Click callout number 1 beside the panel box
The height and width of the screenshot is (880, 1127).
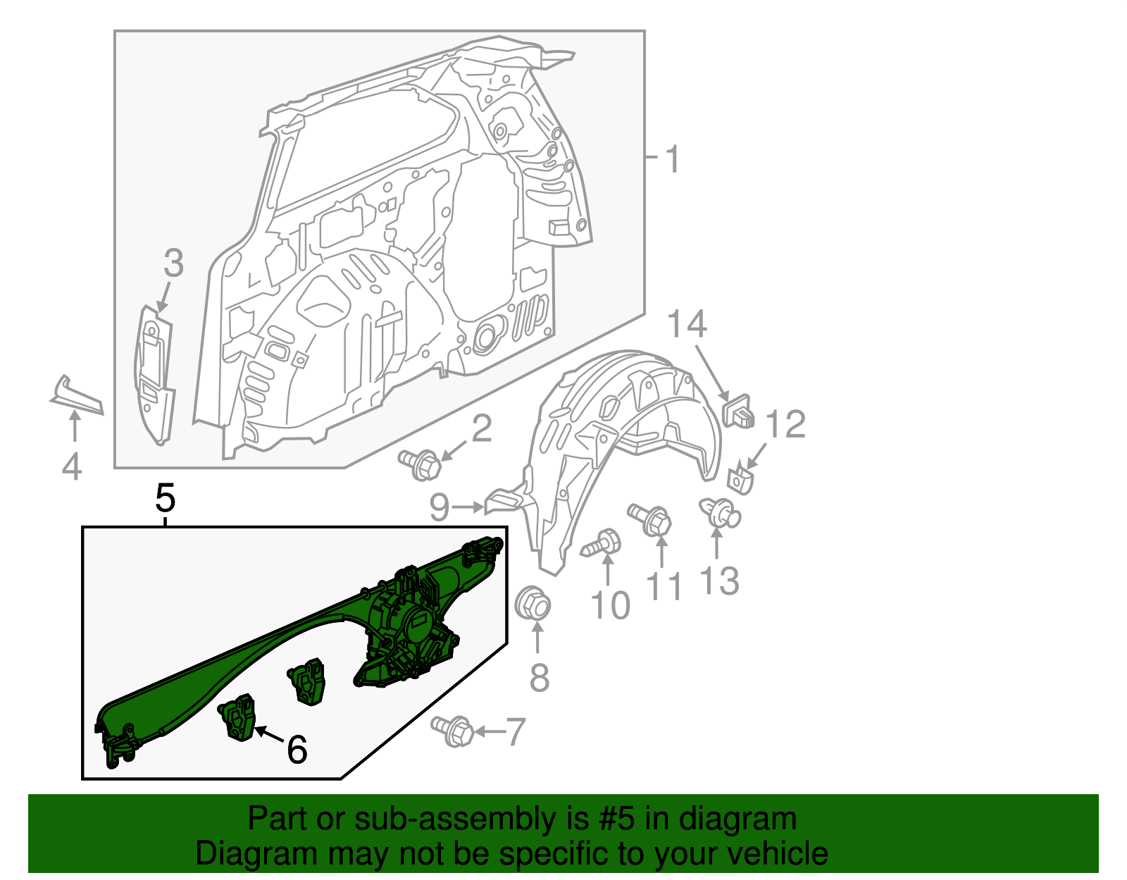673,159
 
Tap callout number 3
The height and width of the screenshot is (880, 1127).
173,264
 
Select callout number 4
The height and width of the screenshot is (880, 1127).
72,466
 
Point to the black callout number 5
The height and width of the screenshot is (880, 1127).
165,499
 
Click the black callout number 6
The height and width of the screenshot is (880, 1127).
297,749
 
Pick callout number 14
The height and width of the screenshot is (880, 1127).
687,325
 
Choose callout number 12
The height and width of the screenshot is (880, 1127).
785,425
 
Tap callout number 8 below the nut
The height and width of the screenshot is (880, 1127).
539,678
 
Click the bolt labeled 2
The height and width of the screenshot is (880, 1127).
421,465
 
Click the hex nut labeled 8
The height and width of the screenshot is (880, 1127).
533,605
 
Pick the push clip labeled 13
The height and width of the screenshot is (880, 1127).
719,512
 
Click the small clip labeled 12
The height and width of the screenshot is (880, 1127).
739,481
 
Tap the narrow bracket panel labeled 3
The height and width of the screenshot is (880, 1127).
155,373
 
